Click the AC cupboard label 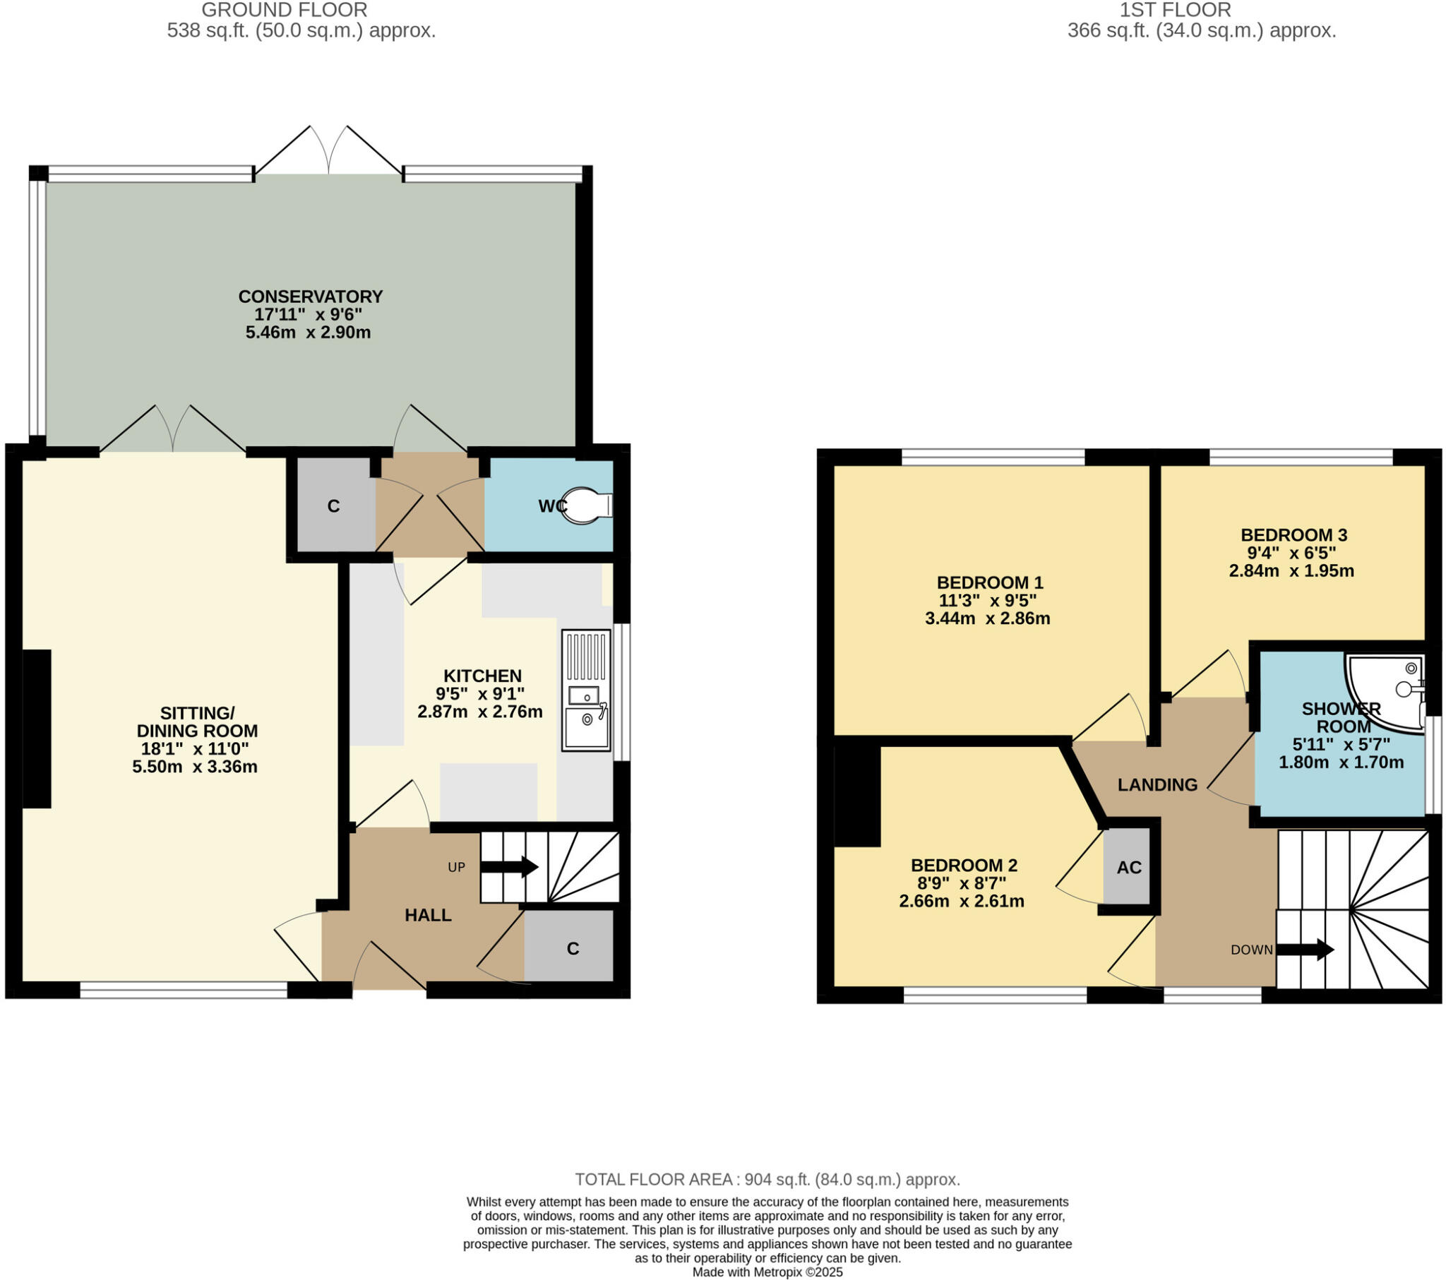click(x=1129, y=868)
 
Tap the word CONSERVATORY click(x=310, y=297)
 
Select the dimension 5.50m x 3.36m click(x=195, y=767)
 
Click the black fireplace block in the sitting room click(x=37, y=728)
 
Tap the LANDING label click(x=1157, y=784)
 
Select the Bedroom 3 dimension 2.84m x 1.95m click(x=1291, y=571)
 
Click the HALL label click(x=427, y=916)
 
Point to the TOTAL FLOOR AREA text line click(x=767, y=1180)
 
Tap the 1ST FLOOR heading click(x=1175, y=10)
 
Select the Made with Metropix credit click(x=767, y=1272)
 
